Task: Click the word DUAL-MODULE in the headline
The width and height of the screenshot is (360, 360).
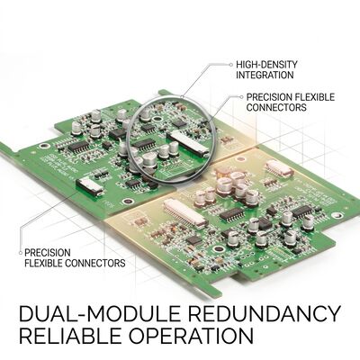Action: point(100,313)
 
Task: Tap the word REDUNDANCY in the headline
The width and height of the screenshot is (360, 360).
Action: point(265,313)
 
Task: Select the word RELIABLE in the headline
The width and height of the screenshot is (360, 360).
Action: point(71,336)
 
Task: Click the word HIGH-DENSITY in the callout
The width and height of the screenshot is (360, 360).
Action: point(266,65)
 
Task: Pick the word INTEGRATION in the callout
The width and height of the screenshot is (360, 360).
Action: point(265,75)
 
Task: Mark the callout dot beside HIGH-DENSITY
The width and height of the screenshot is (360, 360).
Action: point(230,65)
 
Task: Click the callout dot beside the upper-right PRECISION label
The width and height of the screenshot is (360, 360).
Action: point(241,97)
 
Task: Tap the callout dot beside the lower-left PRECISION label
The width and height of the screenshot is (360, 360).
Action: point(21,253)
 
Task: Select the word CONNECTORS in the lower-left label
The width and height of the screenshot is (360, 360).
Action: point(95,263)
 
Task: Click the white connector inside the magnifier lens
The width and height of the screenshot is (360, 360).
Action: point(187,143)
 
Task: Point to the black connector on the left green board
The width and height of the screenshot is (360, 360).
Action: point(89,186)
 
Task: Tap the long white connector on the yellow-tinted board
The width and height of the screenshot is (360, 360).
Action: point(185,212)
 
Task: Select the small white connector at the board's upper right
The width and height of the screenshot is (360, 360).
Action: point(279,168)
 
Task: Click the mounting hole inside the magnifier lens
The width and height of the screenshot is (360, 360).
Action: point(157,119)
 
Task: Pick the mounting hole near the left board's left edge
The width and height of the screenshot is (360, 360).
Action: point(44,146)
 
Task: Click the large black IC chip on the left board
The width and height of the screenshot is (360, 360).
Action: point(78,146)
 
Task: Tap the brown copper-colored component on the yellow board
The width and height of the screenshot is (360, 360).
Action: point(222,171)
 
